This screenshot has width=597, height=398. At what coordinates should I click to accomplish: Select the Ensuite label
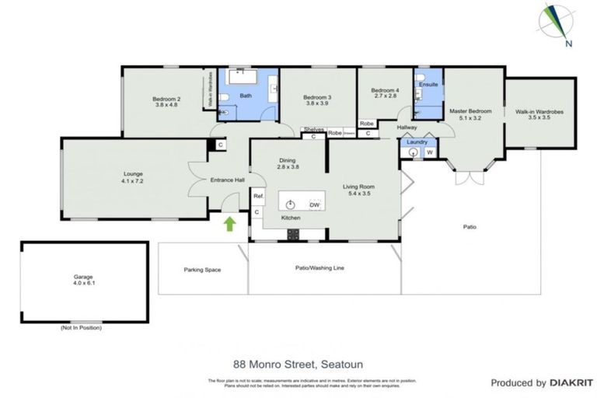[428, 83]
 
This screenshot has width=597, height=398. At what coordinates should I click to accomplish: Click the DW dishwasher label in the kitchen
[315, 204]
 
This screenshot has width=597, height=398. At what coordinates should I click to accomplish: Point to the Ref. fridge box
[259, 197]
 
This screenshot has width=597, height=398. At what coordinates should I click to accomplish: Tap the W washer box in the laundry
[429, 153]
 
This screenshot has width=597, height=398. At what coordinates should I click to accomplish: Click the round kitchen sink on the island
[291, 204]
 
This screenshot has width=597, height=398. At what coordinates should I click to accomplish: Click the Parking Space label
[202, 270]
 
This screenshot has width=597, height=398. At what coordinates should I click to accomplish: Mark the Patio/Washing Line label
[321, 268]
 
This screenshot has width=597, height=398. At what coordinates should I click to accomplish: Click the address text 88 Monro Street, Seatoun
[298, 362]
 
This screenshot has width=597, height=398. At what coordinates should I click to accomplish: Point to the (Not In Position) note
[80, 327]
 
